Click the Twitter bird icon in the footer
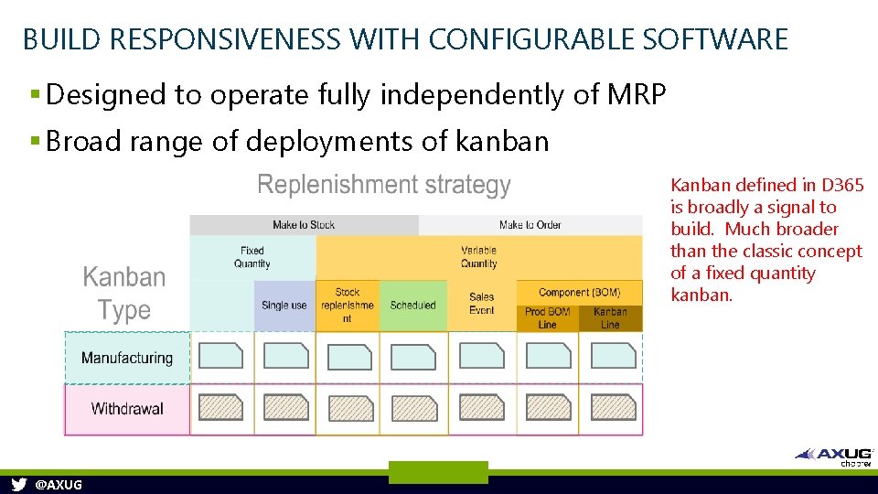tap(18, 485)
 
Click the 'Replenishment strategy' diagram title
tap(384, 185)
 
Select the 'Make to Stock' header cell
tap(304, 225)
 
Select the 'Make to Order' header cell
tap(530, 225)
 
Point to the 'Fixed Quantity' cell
tap(252, 257)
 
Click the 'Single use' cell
tap(284, 306)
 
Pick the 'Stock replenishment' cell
tap(347, 306)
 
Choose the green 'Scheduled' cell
tap(412, 306)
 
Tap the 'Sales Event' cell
tap(481, 304)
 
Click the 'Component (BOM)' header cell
tap(579, 293)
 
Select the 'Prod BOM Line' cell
tap(547, 318)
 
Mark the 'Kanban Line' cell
tap(610, 318)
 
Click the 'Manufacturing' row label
tap(126, 358)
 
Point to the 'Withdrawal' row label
tap(126, 409)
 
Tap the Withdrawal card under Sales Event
tap(481, 408)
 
